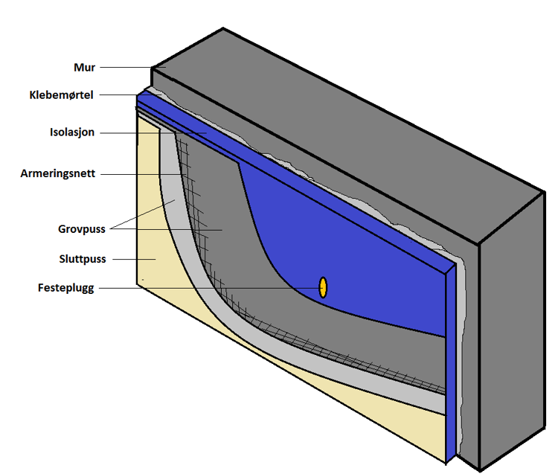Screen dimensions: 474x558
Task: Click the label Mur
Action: pyautogui.click(x=84, y=68)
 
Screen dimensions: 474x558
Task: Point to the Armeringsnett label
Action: pyautogui.click(x=57, y=173)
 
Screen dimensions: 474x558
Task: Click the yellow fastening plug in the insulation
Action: pyautogui.click(x=323, y=287)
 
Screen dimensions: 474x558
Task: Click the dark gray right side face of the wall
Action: pyautogui.click(x=510, y=335)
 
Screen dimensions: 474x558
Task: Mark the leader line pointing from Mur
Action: pyautogui.click(x=126, y=68)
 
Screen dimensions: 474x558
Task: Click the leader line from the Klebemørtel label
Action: pyautogui.click(x=119, y=95)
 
